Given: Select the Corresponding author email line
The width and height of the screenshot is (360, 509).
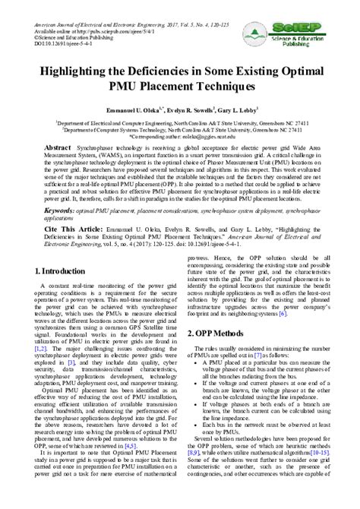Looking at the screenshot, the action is [179, 134].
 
